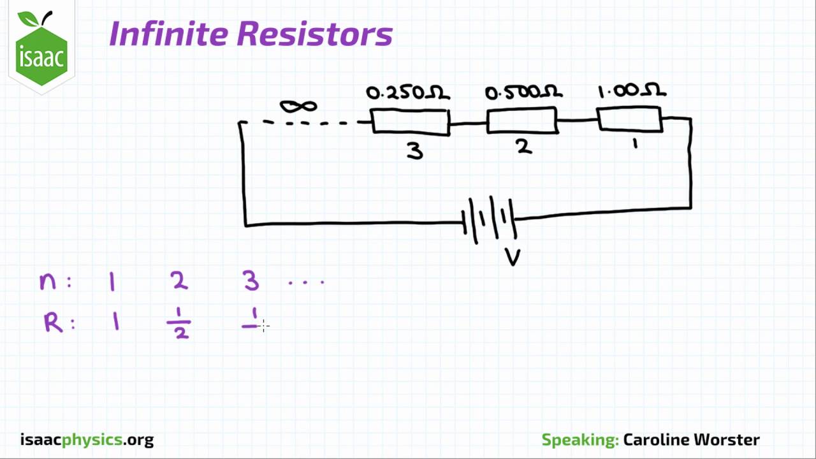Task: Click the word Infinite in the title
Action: pos(168,34)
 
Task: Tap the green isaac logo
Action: pos(42,50)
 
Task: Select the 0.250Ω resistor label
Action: pos(408,93)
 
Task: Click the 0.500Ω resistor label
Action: pos(523,93)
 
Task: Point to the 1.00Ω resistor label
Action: pos(631,91)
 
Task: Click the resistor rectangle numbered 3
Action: pos(411,122)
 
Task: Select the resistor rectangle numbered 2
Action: pos(522,120)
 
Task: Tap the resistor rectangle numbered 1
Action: pos(630,119)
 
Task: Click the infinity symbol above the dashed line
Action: pos(298,106)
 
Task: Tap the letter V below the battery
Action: pos(513,258)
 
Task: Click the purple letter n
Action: pos(48,281)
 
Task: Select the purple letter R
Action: pos(53,323)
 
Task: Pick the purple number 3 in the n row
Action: pos(251,280)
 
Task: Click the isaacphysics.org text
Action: pos(87,440)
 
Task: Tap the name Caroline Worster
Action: pos(691,440)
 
